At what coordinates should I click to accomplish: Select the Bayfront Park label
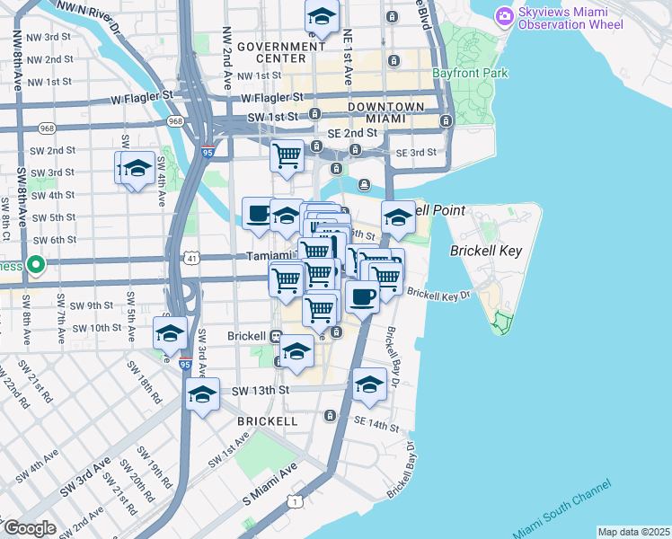point(482,73)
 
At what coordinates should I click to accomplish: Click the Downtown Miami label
point(386,112)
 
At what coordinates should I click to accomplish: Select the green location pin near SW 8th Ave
point(36,265)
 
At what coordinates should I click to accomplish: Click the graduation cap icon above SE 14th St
point(369,384)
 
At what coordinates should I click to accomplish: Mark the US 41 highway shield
point(191,259)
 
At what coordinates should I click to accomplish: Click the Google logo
point(29,528)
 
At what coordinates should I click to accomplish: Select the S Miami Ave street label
point(270,485)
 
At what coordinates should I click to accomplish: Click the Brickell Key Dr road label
point(438,294)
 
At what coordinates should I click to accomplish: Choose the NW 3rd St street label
point(49,37)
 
